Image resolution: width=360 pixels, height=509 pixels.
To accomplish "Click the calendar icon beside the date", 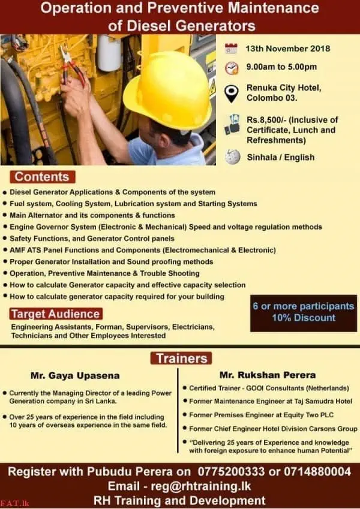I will tap(231, 49).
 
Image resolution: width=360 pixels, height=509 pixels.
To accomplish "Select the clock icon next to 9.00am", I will tap(232, 67).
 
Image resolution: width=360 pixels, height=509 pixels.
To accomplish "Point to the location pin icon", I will tap(232, 93).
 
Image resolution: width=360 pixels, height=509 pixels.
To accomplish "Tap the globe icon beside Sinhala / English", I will tap(232, 157).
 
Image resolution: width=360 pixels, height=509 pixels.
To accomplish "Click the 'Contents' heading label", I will tap(42, 177).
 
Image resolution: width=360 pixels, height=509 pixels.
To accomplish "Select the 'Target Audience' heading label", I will tap(55, 314).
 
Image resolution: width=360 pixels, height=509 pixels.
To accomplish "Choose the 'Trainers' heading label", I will tap(181, 359).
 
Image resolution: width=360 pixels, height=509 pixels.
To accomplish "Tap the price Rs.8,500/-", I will tap(268, 119).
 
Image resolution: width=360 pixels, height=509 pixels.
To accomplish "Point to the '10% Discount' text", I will tap(303, 318).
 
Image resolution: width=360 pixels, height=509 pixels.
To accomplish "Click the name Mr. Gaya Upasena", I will tap(83, 376).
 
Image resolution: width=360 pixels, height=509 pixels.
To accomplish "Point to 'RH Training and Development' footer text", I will tap(180, 500).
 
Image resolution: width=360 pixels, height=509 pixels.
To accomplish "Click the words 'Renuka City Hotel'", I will tap(284, 88).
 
